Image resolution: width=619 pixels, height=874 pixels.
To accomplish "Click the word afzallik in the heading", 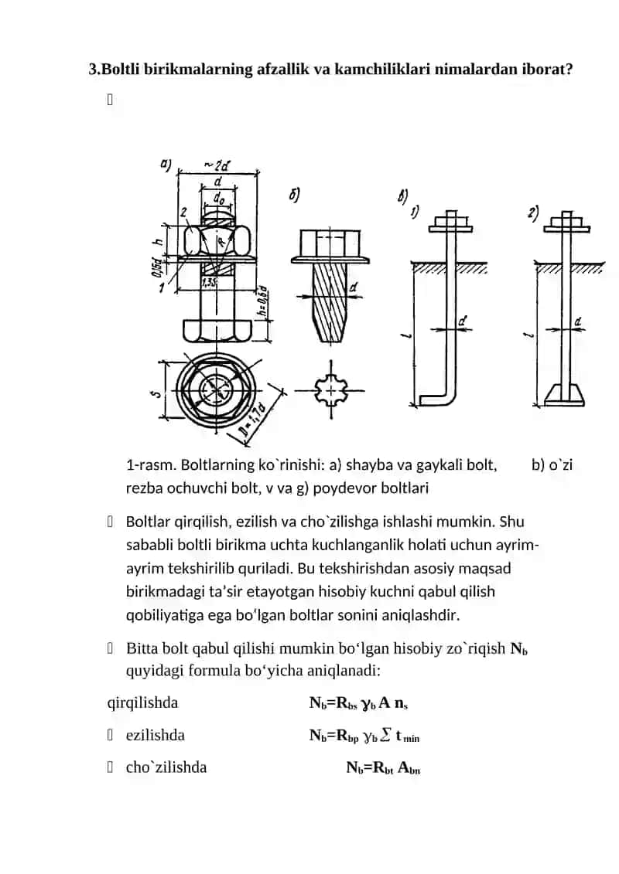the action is pos(282,70).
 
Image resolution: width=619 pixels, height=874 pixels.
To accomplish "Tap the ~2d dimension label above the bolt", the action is pos(217,165).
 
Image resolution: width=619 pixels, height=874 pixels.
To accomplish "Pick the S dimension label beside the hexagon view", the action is pos(156,393).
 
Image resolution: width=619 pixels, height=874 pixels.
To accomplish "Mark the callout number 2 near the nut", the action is pos(183,213).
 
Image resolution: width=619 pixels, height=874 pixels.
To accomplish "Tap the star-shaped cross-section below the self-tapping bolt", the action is pos(330,391).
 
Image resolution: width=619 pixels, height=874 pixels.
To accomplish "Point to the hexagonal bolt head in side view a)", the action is pos(217,330).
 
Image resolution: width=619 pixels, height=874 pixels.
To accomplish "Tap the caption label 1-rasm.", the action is pos(151,465).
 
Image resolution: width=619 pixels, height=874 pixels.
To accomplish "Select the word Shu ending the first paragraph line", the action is pos(511,522).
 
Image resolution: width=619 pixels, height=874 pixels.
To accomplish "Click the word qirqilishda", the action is pos(142,703).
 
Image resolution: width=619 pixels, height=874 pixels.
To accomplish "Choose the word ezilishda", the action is pos(156,735).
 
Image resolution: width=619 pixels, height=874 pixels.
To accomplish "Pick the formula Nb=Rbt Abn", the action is pos(384,768).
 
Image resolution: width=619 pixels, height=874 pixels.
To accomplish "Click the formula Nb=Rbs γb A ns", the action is pos(359,703).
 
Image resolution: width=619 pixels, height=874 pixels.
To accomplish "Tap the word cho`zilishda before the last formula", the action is pos(166,767).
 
